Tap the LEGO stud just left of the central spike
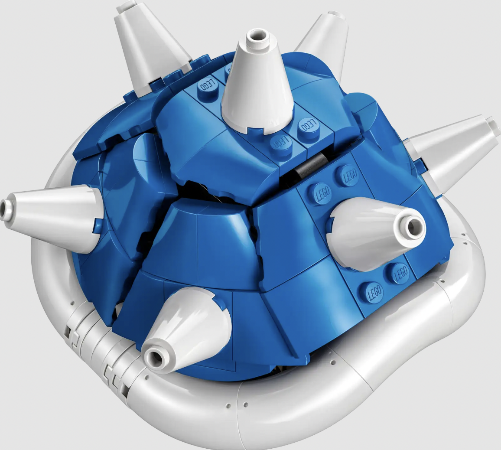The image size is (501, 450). click(x=207, y=86)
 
